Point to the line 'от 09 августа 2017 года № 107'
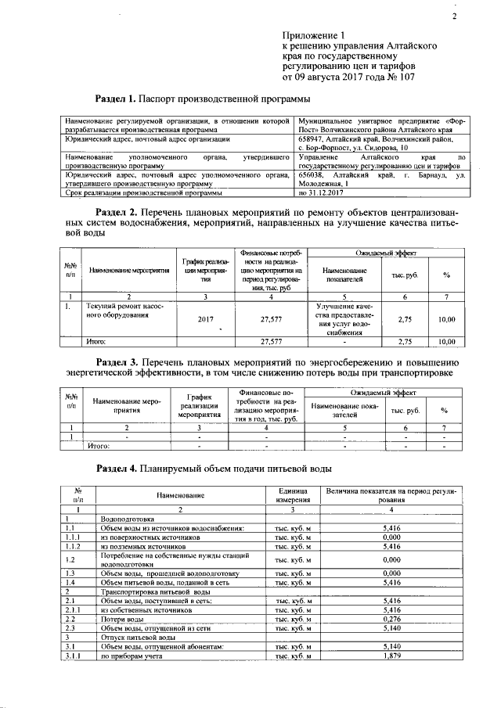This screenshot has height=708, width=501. click(348, 77)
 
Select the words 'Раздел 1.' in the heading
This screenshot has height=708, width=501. click(115, 99)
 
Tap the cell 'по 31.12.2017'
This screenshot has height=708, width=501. click(321, 192)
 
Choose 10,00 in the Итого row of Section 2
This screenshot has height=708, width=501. click(446, 342)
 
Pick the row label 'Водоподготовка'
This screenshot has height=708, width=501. click(129, 519)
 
